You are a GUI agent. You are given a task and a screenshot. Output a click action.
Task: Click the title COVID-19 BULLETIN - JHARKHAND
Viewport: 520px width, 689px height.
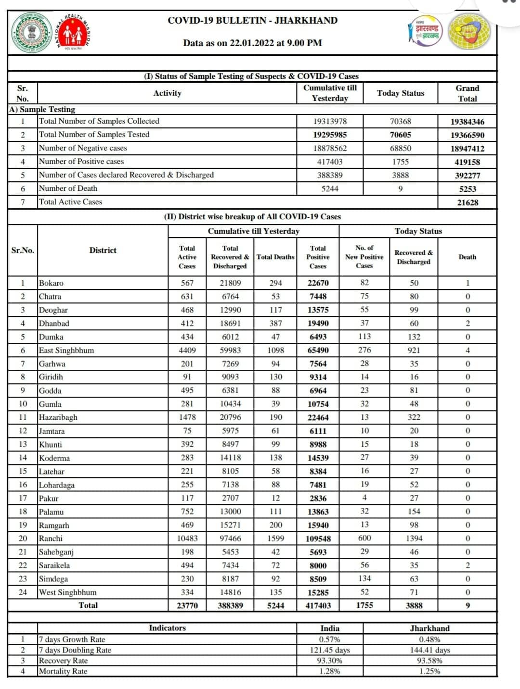tap(252, 20)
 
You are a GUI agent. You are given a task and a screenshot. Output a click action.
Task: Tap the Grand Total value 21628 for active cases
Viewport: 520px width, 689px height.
tap(467, 202)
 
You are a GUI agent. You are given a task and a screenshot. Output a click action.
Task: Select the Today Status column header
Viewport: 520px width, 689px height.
tap(400, 93)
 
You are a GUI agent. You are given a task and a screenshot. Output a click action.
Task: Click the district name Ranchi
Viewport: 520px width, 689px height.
tap(51, 539)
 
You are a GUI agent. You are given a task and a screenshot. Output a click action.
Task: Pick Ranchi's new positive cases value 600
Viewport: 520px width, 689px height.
tap(364, 539)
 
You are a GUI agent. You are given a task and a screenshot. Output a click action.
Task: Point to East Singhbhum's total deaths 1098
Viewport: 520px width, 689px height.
tap(275, 351)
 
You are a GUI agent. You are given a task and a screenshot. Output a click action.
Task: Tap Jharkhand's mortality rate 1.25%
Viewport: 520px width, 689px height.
tap(429, 671)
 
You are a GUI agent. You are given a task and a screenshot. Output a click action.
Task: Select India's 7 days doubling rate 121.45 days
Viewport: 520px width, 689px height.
tap(330, 650)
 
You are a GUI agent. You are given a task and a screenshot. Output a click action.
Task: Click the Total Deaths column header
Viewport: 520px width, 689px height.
tap(275, 257)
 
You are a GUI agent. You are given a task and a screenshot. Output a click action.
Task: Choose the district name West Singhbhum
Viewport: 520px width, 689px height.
tap(67, 592)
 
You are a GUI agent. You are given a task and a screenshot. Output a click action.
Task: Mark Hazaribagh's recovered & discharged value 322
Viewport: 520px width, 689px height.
tap(414, 417)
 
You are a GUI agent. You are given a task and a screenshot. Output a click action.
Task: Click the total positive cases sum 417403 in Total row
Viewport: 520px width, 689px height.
tap(318, 606)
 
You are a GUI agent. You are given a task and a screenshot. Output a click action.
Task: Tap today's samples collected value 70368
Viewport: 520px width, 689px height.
tap(400, 122)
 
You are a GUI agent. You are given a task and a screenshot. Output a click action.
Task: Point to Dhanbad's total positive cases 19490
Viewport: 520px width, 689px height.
tap(318, 324)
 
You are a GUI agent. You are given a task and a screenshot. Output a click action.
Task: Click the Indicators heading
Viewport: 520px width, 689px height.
tap(167, 628)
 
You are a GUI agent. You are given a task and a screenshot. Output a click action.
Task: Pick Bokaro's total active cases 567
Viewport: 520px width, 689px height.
tap(187, 283)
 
